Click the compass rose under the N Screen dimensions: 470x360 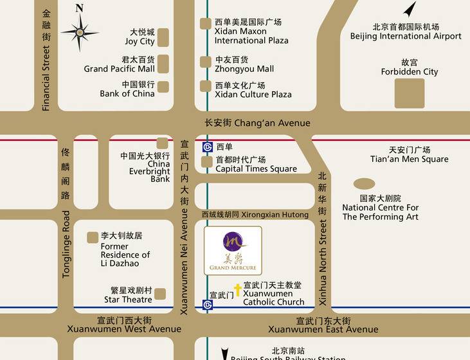click(80, 32)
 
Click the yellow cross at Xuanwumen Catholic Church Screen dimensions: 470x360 click(237, 290)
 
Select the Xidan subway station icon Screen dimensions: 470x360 click(207, 147)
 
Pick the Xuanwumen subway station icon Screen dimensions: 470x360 click(207, 305)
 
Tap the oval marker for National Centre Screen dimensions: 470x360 click(364, 184)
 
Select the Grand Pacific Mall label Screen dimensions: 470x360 click(120, 64)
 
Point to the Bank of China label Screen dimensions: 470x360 click(128, 89)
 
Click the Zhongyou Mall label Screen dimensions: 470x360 click(244, 64)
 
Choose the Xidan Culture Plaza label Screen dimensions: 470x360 click(253, 90)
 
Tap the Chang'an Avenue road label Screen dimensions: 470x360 click(257, 123)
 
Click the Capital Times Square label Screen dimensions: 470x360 click(256, 165)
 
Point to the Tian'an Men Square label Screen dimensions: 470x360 click(410, 155)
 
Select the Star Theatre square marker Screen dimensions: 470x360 click(159, 294)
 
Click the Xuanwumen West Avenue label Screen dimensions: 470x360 click(124, 325)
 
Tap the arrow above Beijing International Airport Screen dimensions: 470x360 click(410, 10)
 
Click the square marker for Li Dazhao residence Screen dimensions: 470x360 click(93, 238)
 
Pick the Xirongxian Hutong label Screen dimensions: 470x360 click(255, 215)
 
